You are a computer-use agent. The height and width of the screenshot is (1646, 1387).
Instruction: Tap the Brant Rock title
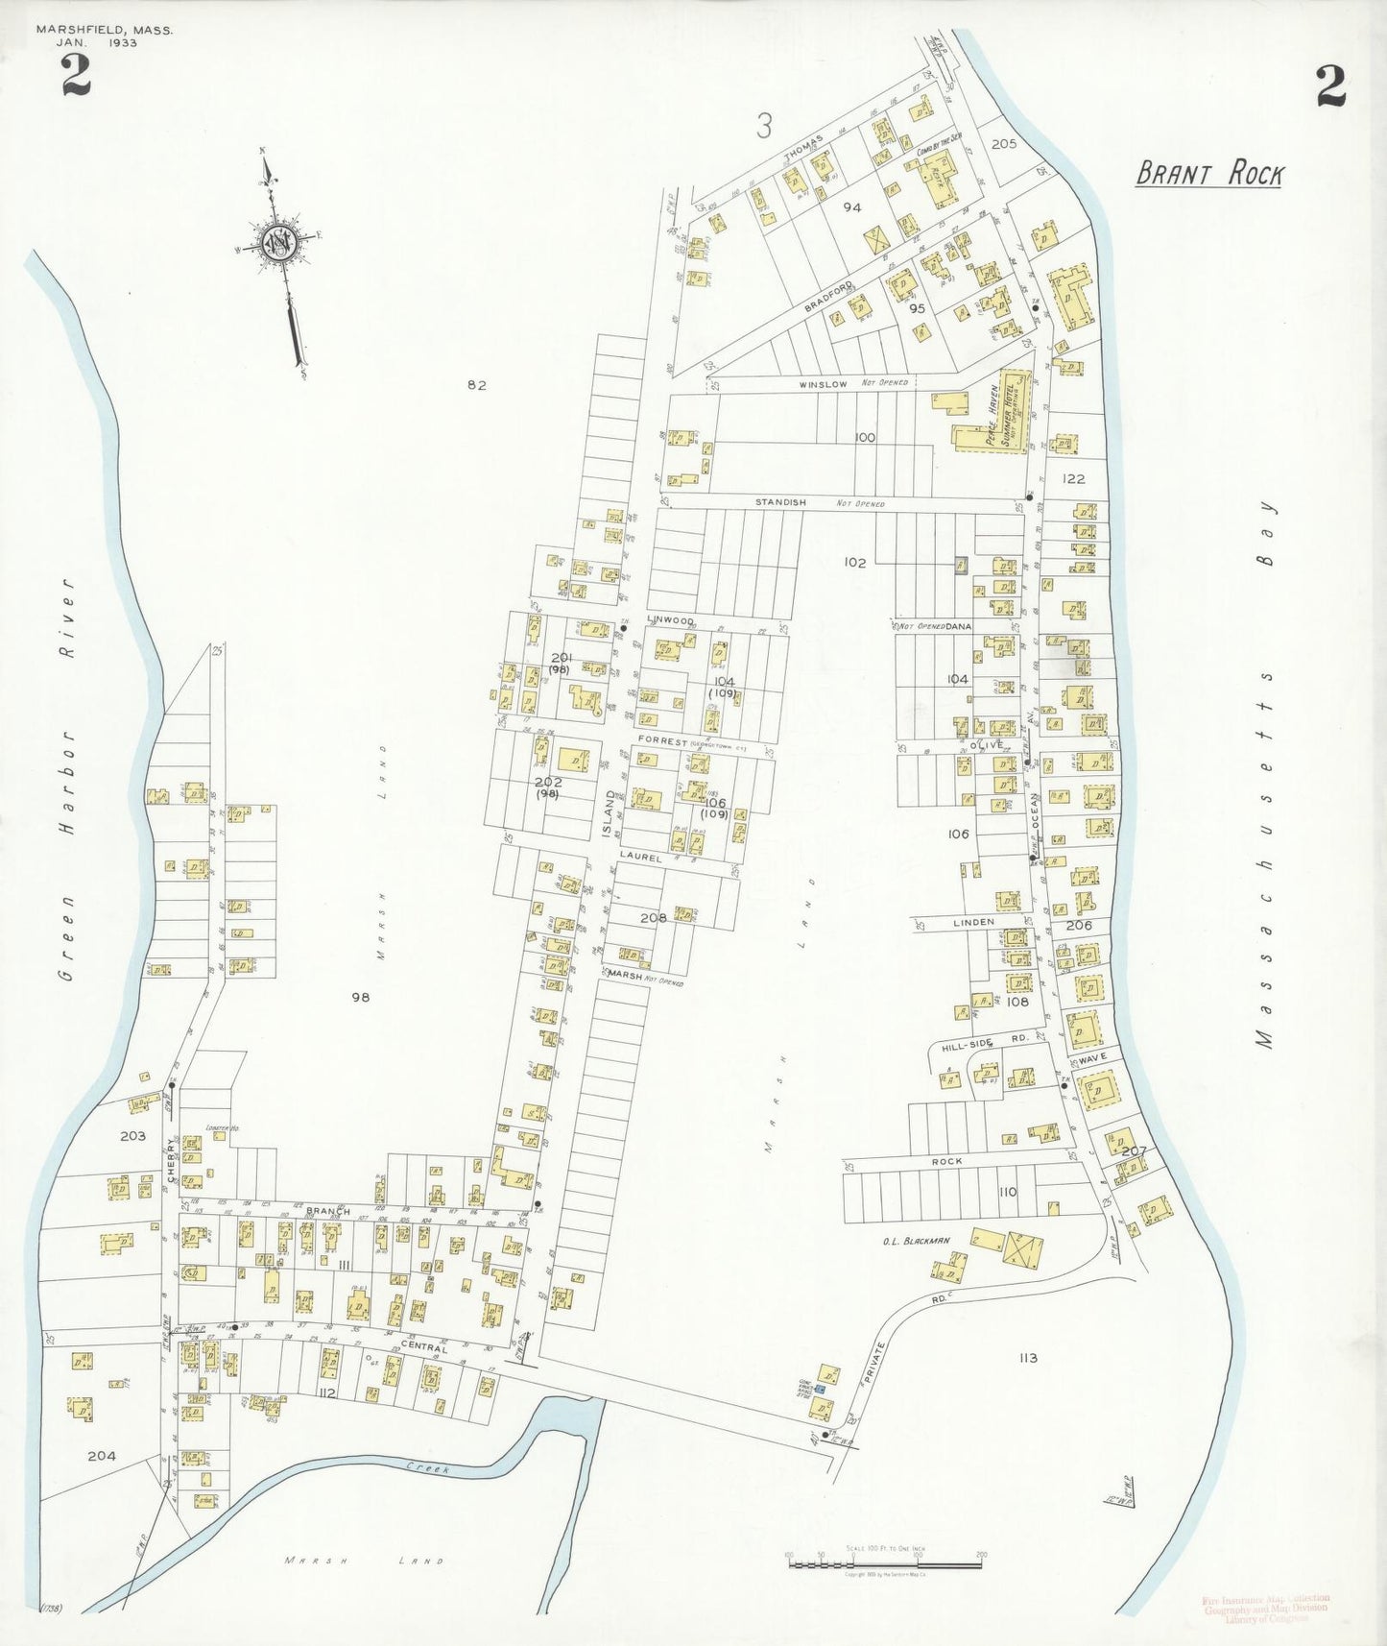(1208, 175)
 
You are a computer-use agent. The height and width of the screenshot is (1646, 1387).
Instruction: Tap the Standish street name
(779, 502)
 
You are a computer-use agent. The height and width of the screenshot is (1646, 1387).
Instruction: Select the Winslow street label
(824, 384)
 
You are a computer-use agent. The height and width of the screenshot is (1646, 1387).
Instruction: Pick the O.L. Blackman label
(916, 1241)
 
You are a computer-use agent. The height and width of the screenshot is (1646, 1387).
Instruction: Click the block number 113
(1028, 1358)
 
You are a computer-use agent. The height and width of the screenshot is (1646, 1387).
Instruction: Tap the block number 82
(477, 385)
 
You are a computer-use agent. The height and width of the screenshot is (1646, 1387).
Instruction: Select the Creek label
(426, 1467)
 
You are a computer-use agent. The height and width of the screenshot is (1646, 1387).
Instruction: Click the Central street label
(423, 1348)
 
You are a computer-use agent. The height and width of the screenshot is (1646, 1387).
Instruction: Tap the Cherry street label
(172, 1160)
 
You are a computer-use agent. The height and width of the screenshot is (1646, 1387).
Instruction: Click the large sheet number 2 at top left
(76, 77)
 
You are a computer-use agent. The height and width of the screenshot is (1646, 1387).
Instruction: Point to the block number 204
(102, 1456)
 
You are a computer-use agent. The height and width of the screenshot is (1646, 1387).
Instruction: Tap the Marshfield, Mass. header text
(105, 30)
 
